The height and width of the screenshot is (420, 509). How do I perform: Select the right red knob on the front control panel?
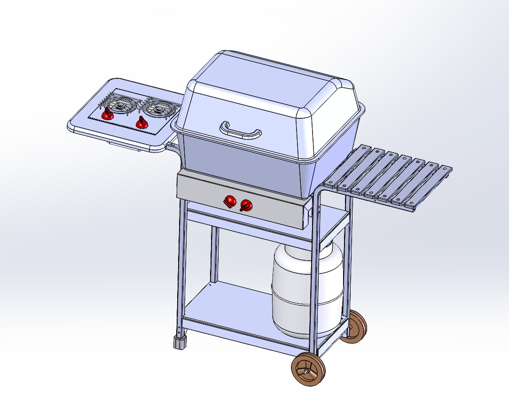click(246, 205)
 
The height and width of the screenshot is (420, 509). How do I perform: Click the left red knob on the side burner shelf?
click(108, 113)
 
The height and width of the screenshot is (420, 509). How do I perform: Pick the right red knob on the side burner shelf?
click(142, 123)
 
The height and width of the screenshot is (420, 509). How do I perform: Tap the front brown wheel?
click(308, 370)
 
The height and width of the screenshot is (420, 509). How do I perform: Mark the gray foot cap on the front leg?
click(180, 342)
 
